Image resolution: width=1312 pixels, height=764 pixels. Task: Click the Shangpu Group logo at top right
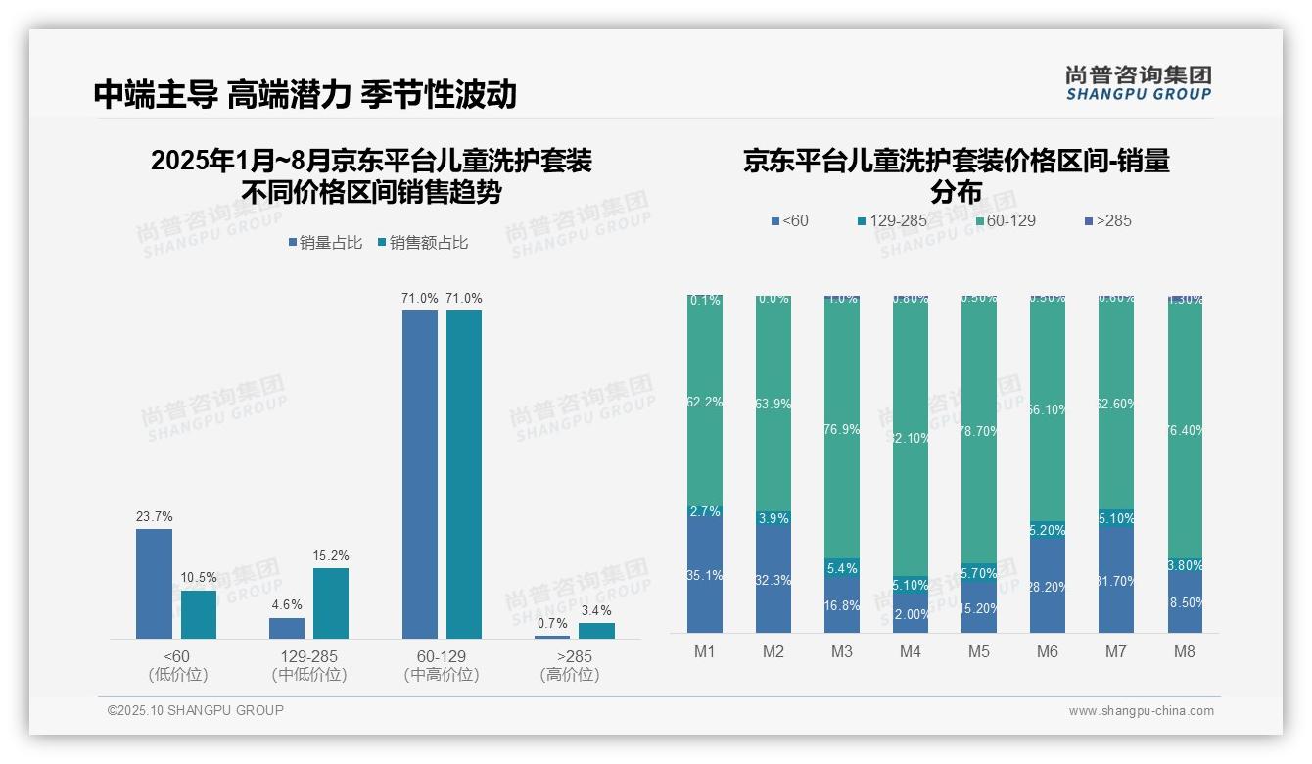[1138, 83]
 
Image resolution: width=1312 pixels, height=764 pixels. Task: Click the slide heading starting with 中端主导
[305, 95]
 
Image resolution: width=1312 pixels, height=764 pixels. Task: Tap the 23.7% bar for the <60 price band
[154, 584]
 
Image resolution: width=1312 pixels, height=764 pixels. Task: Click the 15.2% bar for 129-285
[331, 603]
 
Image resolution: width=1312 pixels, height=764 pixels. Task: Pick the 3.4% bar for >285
[596, 631]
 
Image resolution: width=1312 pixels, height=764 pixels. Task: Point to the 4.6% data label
[287, 605]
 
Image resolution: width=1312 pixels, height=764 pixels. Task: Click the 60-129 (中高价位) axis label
[442, 665]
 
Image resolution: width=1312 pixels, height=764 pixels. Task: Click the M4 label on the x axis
[910, 652]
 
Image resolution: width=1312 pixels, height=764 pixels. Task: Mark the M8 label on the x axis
[1184, 652]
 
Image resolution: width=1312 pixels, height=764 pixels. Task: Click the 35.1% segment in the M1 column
[705, 576]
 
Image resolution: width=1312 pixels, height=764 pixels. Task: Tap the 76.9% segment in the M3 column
[841, 429]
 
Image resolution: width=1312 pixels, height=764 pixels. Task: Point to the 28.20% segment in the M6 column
[1047, 586]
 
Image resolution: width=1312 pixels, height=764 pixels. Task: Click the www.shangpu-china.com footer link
[1141, 711]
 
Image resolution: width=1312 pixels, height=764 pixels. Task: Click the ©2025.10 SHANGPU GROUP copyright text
[196, 710]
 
